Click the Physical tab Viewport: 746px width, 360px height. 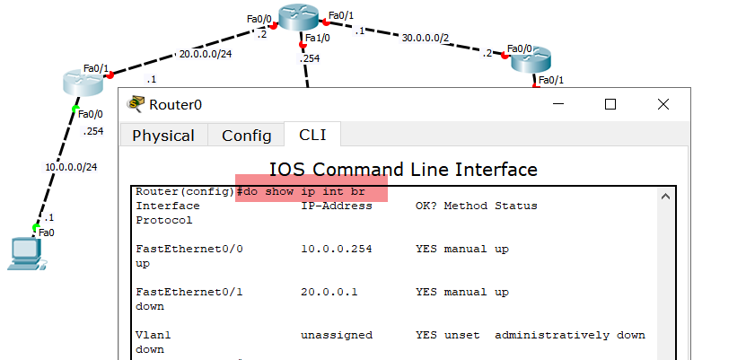(163, 136)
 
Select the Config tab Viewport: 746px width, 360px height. (246, 136)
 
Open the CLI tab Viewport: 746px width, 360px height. (312, 135)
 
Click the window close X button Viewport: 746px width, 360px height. (663, 104)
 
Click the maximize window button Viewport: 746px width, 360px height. (610, 104)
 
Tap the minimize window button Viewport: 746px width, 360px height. (558, 104)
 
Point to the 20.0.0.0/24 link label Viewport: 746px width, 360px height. (206, 53)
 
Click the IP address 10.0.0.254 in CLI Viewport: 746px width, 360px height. (336, 249)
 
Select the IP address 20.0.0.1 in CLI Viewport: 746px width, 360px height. (329, 292)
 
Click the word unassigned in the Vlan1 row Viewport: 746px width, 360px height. (336, 335)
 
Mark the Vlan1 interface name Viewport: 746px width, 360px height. (153, 335)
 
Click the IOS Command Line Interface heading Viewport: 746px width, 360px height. (403, 169)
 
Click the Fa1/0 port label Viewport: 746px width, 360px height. (318, 39)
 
